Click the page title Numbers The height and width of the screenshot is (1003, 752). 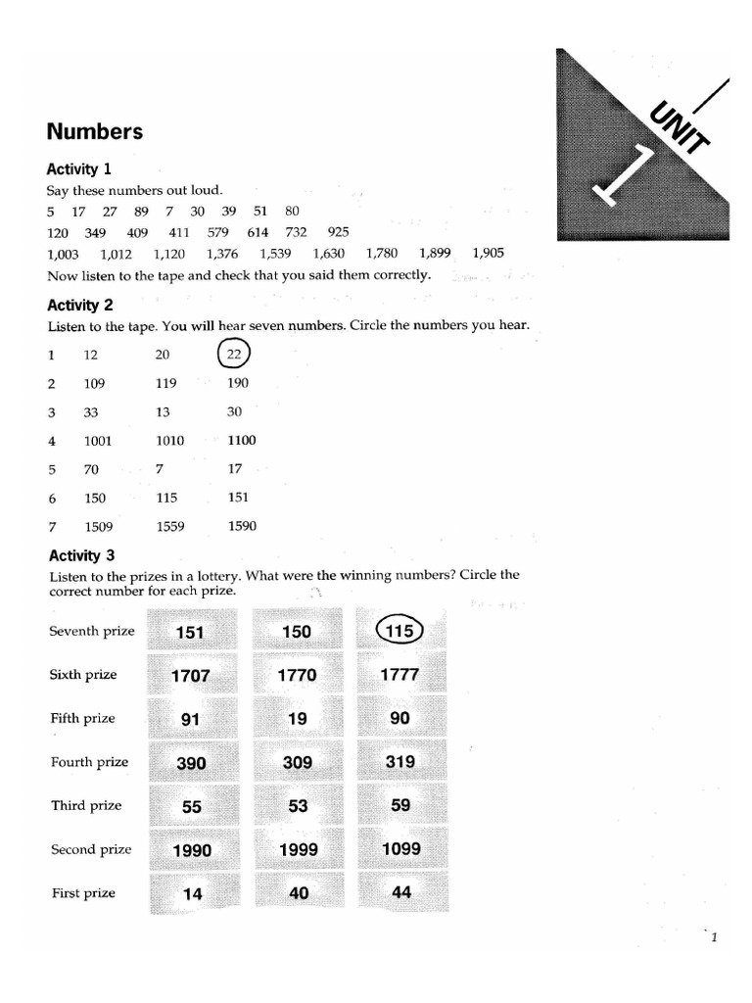click(95, 131)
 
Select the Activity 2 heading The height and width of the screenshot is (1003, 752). click(81, 305)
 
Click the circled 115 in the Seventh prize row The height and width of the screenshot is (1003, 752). click(400, 632)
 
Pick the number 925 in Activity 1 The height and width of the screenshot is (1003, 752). click(338, 232)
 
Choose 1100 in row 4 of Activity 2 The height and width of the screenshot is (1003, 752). click(241, 441)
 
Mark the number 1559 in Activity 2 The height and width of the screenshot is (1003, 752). click(170, 526)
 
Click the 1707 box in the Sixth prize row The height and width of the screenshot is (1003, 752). click(191, 676)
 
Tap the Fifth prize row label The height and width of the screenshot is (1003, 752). click(82, 718)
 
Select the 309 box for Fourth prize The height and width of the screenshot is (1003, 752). click(297, 762)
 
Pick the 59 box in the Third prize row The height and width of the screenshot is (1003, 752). click(400, 806)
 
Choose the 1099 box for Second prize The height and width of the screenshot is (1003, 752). click(401, 849)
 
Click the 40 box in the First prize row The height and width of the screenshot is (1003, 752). click(299, 893)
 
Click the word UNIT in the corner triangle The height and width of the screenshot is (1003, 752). click(678, 124)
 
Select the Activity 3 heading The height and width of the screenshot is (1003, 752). click(81, 556)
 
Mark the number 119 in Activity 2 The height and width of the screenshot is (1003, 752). click(165, 384)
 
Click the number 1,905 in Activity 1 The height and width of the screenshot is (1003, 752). click(488, 253)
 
